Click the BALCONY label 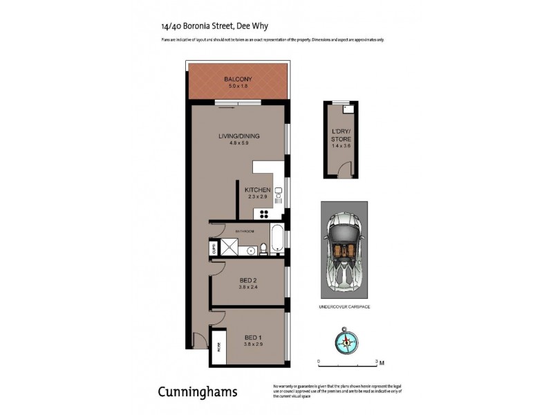(237, 79)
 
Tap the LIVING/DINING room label (238, 136)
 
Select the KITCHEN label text (256, 190)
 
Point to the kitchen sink (278, 193)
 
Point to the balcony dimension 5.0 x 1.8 (237, 86)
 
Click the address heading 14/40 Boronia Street (214, 26)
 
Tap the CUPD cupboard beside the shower (214, 248)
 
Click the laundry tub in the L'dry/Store (348, 109)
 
